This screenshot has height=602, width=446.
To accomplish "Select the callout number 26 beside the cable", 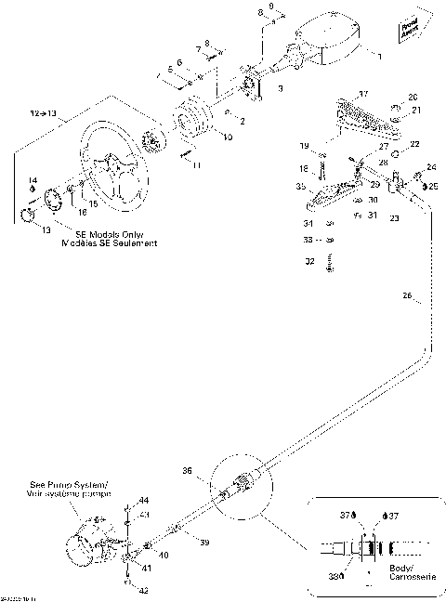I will pyautogui.click(x=407, y=297).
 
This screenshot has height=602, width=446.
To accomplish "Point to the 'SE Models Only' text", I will pyautogui.click(x=107, y=238).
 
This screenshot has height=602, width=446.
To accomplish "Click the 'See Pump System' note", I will pyautogui.click(x=81, y=490).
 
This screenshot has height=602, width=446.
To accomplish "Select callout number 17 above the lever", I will pyautogui.click(x=363, y=94).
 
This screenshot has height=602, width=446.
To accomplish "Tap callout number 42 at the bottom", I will pyautogui.click(x=142, y=590).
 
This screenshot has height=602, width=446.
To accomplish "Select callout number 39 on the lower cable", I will pyautogui.click(x=205, y=542).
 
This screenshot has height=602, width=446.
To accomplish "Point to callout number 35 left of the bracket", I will pyautogui.click(x=300, y=186).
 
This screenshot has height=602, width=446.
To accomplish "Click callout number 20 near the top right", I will pyautogui.click(x=413, y=97).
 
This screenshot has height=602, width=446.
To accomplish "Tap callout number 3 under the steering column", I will pyautogui.click(x=281, y=88).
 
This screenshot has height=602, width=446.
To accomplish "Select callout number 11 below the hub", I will pyautogui.click(x=196, y=164).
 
